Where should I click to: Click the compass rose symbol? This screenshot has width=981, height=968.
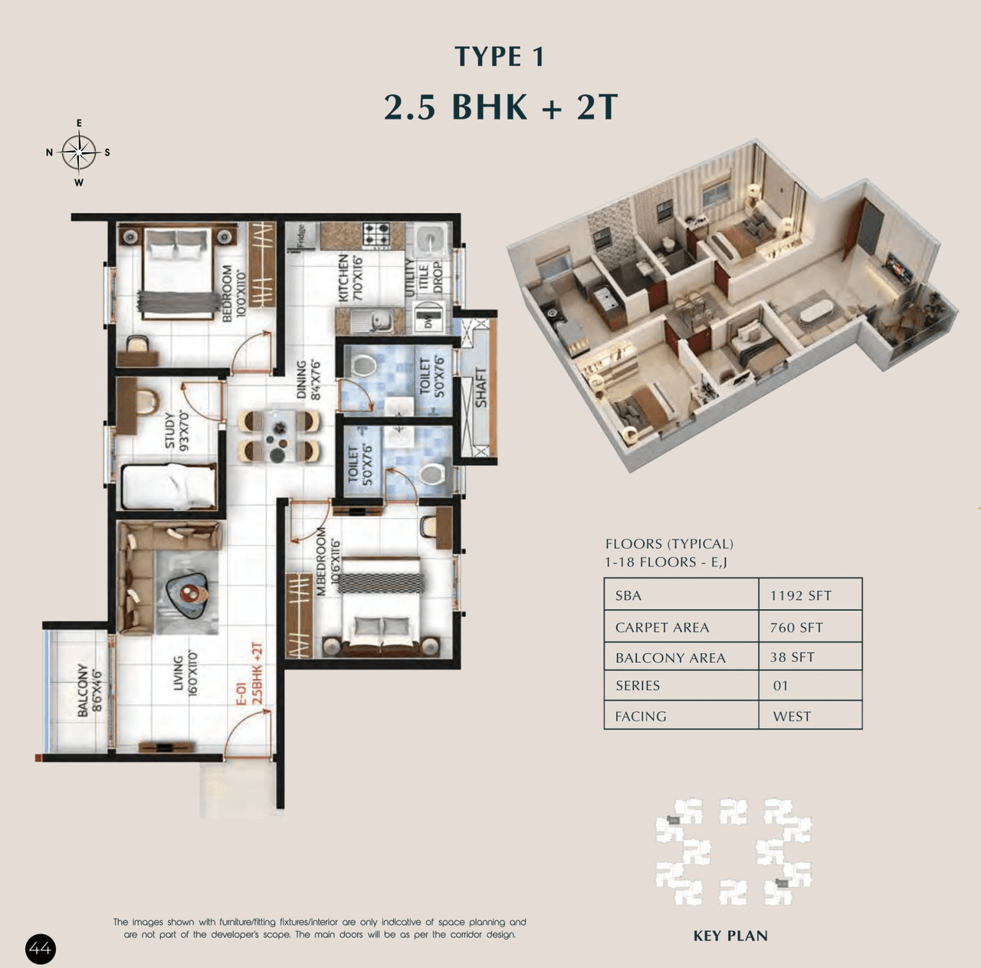point(79,152)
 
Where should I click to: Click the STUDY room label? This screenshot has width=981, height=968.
point(171,431)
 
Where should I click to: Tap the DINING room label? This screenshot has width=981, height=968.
point(302,380)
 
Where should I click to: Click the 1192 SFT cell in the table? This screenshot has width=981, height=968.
point(801,596)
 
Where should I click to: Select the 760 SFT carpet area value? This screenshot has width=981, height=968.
point(796,628)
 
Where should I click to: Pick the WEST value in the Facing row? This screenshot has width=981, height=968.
point(792,717)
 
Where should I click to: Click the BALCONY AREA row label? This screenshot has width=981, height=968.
point(670,658)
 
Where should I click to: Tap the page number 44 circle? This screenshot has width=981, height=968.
point(41,950)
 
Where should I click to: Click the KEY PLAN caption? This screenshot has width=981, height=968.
point(730,936)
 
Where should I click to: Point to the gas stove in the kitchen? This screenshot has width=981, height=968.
point(376,235)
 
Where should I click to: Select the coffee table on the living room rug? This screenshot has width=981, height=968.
point(189,593)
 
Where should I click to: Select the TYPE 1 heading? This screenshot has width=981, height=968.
point(500,57)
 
